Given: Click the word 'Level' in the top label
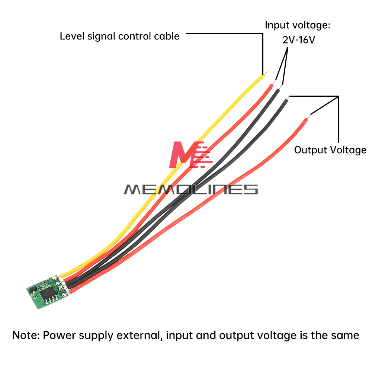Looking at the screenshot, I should tap(71, 36).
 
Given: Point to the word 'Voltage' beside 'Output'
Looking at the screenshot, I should tap(348, 150).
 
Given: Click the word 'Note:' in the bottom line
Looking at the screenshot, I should tap(26, 335).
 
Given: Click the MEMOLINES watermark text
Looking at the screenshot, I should tap(190, 189).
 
